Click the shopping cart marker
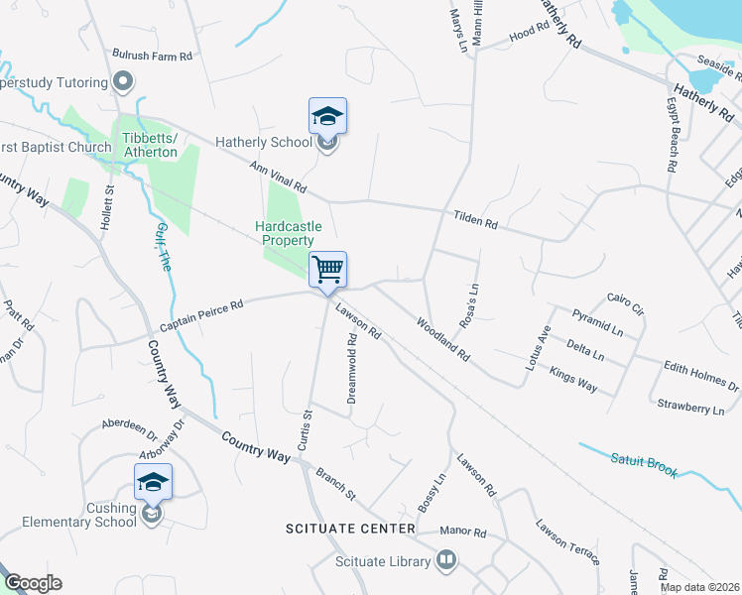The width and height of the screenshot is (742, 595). tap(327, 270)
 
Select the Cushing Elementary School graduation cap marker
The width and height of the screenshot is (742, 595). tap(153, 484)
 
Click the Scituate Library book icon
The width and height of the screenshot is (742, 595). tap(446, 561)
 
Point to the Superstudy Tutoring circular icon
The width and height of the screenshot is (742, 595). tap(123, 79)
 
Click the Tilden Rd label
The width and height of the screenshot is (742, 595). tap(475, 220)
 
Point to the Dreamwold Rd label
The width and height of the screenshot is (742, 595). tap(351, 368)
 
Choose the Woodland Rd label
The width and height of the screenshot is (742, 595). tap(442, 337)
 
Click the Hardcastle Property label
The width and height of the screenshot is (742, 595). tap(288, 233)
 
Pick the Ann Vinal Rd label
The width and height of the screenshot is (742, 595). tap(279, 178)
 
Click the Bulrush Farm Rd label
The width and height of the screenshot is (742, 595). tap(152, 57)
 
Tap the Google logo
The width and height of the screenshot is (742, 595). tap(32, 583)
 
